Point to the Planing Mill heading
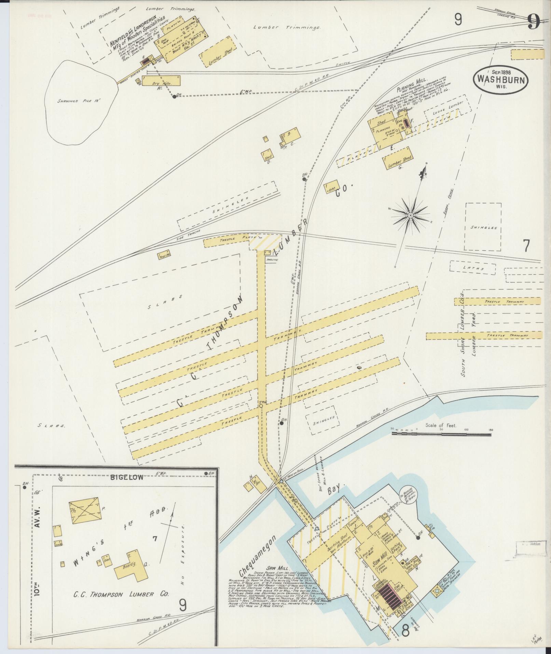(x=412, y=85)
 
